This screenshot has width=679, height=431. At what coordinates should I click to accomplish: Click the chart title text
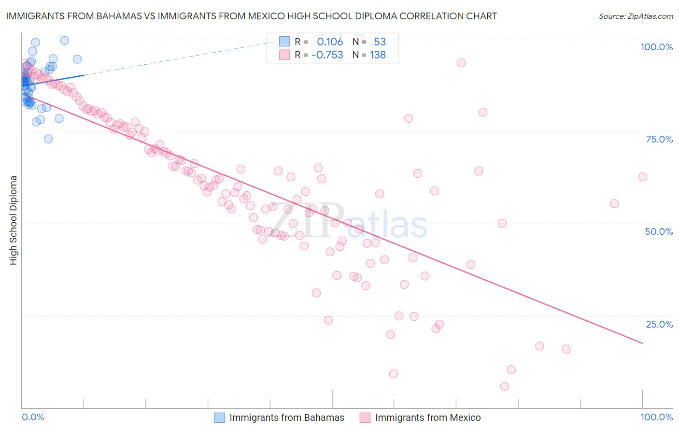click(x=251, y=16)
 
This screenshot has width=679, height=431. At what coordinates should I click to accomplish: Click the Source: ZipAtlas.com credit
click(x=636, y=16)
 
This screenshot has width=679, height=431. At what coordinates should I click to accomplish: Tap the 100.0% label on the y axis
click(x=656, y=47)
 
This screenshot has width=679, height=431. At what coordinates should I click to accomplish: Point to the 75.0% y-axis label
click(x=659, y=139)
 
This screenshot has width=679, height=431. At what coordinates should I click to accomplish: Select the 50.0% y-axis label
click(x=659, y=231)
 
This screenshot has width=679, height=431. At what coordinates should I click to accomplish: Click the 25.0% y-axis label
click(x=659, y=324)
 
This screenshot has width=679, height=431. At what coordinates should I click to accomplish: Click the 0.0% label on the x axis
click(x=33, y=417)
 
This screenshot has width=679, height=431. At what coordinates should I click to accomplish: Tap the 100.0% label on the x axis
click(x=656, y=417)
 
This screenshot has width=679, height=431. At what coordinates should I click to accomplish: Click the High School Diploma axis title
click(x=14, y=220)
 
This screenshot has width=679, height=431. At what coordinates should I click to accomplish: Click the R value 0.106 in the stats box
click(x=330, y=42)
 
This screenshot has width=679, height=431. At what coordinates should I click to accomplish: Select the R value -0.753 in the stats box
click(x=327, y=55)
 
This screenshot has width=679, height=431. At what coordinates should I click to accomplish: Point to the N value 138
click(x=378, y=55)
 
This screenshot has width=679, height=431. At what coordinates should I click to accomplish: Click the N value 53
click(x=380, y=42)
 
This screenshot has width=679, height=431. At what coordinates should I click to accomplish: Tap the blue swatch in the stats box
click(x=284, y=42)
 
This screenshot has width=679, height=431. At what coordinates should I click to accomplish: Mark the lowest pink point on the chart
click(x=505, y=387)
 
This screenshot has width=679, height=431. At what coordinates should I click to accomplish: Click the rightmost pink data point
click(x=643, y=177)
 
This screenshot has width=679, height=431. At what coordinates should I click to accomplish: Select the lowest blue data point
click(x=48, y=139)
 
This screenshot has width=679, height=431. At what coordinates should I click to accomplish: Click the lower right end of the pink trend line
click(x=643, y=343)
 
